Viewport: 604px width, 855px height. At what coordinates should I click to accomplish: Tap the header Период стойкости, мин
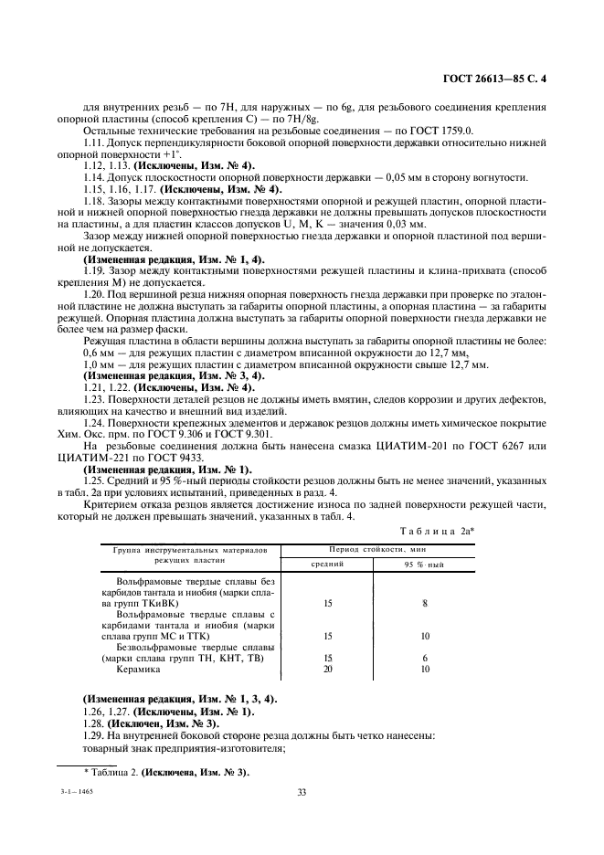[366, 551]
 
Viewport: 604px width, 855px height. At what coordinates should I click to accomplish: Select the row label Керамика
[138, 669]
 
